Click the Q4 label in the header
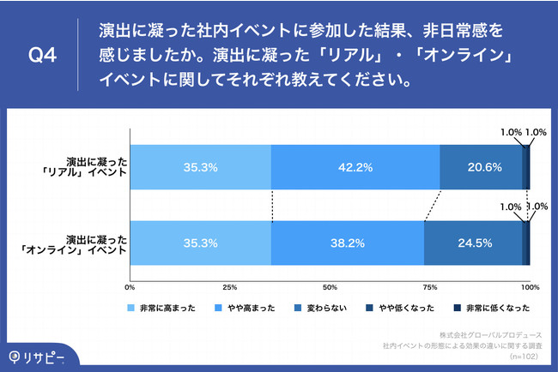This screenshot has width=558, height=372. click(42, 57)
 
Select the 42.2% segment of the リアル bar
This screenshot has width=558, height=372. click(355, 167)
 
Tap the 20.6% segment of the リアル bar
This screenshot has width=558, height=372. click(481, 167)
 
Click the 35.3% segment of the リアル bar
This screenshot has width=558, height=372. click(200, 167)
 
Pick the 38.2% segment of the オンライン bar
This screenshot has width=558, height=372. click(347, 243)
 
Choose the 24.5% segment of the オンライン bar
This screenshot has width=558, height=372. click(473, 243)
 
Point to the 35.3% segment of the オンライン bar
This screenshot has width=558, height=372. click(200, 243)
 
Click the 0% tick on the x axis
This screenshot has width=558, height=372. click(130, 287)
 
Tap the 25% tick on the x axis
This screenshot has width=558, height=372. click(229, 287)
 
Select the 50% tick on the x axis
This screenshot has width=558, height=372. click(330, 287)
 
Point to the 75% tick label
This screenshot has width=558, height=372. click(429, 287)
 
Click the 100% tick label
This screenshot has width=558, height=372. click(529, 287)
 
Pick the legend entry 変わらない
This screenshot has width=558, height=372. click(328, 308)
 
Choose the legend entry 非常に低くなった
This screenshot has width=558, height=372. click(495, 308)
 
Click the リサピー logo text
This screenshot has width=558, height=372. click(40, 355)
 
